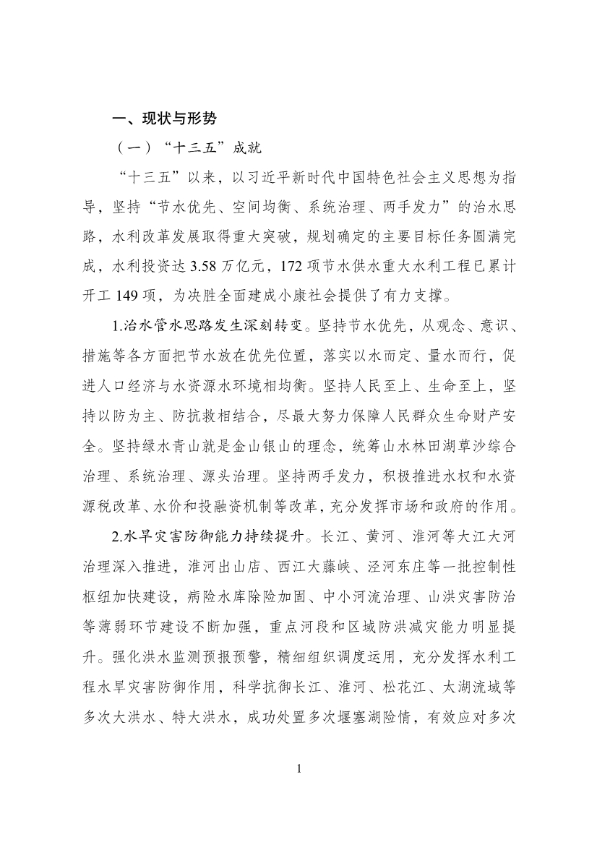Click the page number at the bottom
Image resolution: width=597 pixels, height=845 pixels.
(298, 768)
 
